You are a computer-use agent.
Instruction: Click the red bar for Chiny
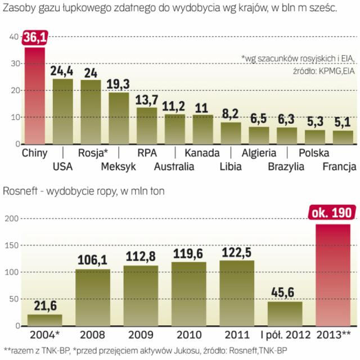pyautogui.click(x=34, y=96)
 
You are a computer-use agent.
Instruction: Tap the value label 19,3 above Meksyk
pyautogui.click(x=118, y=84)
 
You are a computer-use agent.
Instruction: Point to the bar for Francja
pyautogui.click(x=343, y=137)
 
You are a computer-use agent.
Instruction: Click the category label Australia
pyautogui.click(x=174, y=166)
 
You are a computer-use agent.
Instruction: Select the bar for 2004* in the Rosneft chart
pyautogui.click(x=45, y=319)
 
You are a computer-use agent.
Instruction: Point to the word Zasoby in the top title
pyautogui.click(x=20, y=8)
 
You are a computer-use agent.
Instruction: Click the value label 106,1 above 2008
pyautogui.click(x=93, y=260)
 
